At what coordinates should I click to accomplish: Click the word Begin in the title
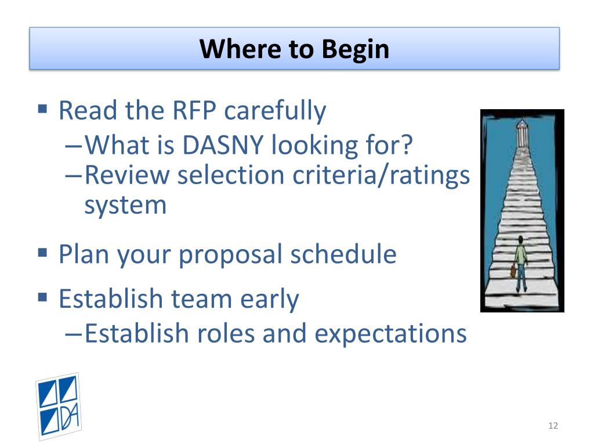356,50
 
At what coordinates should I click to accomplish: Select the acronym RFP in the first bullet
194,110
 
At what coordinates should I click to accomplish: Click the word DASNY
223,145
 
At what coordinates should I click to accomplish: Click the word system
125,206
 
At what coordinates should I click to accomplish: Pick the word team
201,299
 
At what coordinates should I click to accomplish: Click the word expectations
390,334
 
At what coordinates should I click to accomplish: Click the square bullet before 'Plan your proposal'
42,253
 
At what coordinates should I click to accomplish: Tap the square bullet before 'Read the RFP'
42,109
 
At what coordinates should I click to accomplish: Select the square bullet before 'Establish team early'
42,296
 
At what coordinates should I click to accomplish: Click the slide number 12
553,426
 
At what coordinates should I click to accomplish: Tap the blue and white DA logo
59,407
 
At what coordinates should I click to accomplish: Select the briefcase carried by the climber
513,271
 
